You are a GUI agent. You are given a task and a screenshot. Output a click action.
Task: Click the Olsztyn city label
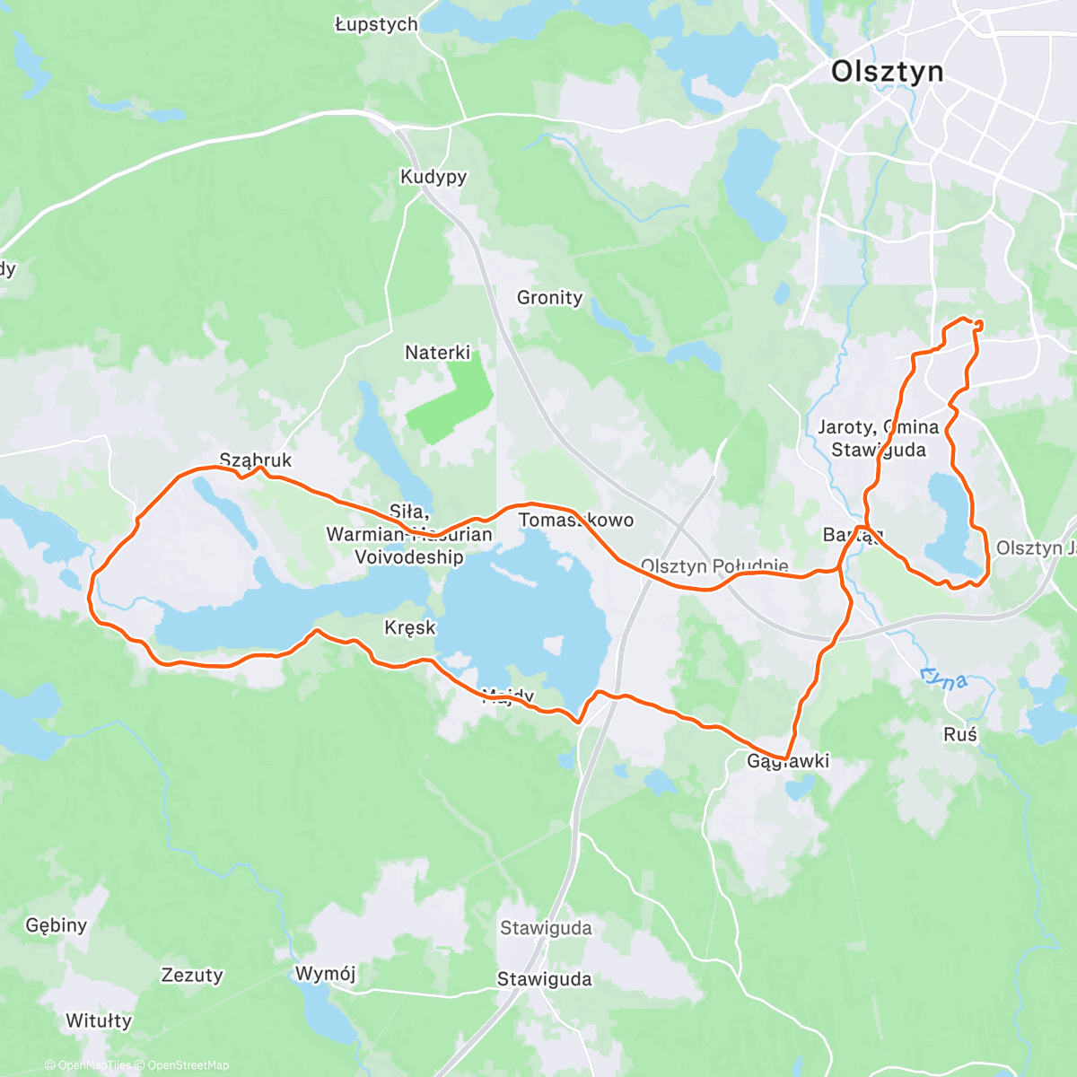887,71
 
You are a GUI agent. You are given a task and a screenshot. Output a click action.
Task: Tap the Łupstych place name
376,24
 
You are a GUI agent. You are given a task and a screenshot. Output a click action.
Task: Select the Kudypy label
433,177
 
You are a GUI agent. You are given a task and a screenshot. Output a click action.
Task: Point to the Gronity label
549,297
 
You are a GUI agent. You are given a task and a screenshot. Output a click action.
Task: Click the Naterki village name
437,353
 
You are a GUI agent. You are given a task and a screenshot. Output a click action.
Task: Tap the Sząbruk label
256,460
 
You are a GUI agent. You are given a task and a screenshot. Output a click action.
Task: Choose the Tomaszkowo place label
576,521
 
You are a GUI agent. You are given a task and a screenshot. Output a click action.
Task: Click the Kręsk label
410,627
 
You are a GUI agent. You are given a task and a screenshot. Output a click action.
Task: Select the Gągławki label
788,761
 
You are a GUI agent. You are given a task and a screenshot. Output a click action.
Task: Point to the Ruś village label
959,734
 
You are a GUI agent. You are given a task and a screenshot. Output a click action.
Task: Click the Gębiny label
57,925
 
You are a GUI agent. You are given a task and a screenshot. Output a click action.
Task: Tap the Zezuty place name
191,975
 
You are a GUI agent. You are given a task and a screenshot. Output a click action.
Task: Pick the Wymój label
325,974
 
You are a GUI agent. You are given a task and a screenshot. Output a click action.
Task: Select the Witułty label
99,1020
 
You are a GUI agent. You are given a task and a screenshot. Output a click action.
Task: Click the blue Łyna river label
943,678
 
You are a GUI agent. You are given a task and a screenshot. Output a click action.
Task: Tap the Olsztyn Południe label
714,566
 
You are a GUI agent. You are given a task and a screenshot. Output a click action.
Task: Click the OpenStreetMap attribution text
188,1065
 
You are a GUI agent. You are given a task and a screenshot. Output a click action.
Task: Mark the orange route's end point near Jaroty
976,325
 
